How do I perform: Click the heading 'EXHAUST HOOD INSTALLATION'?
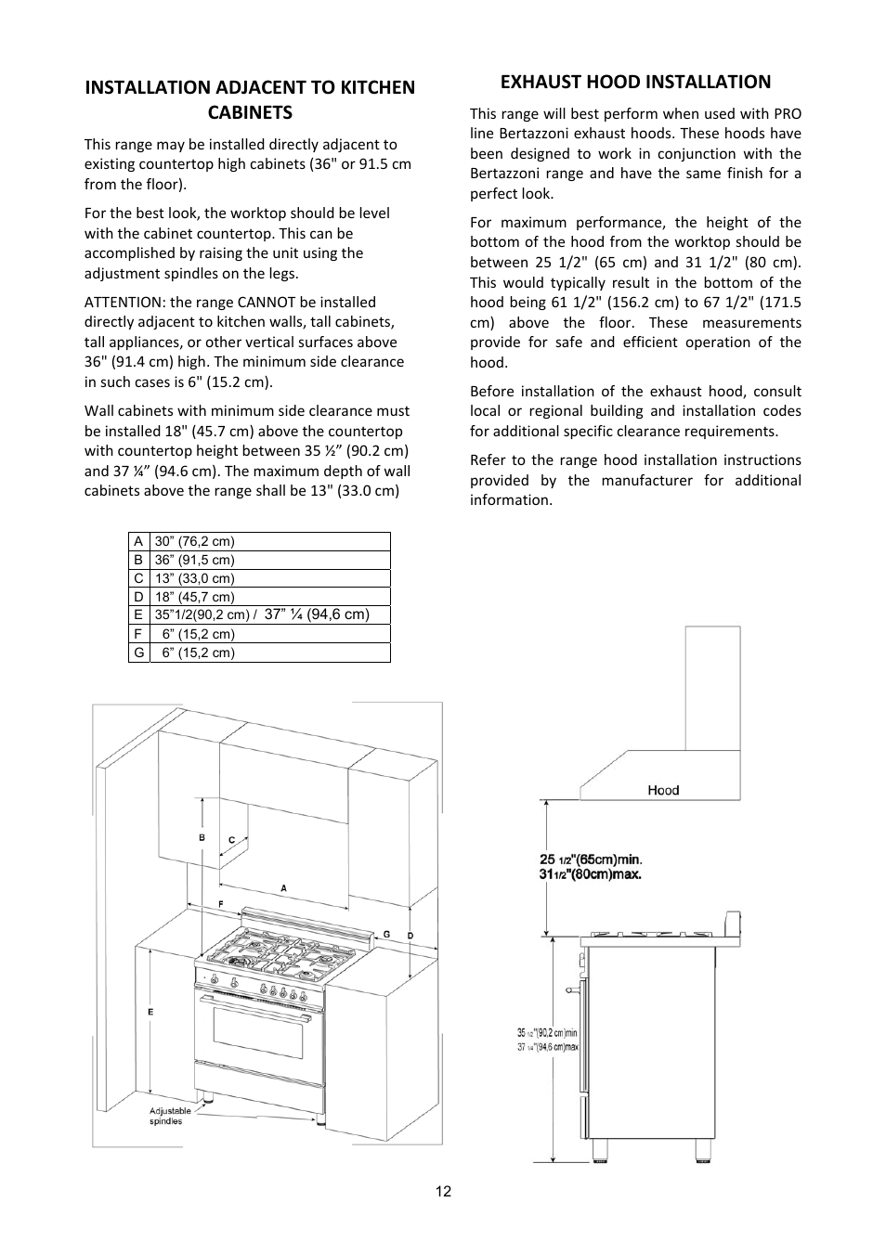[635, 82]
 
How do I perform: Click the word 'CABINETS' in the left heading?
[250, 112]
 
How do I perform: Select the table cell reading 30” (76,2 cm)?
[195, 541]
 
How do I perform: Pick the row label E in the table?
[138, 614]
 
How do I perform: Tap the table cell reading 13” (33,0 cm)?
[195, 578]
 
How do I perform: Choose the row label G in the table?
[138, 653]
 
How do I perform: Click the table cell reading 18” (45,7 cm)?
[195, 597]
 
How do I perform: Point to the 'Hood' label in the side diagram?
[663, 790]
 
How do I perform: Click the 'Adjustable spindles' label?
[170, 1116]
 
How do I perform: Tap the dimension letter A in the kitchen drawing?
[284, 888]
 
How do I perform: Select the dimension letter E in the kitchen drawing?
[150, 1011]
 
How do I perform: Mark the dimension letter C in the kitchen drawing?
[232, 840]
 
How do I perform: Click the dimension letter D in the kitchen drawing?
[410, 936]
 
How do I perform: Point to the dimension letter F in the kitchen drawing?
[220, 903]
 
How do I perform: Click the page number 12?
[443, 1192]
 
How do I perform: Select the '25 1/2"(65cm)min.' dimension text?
[591, 860]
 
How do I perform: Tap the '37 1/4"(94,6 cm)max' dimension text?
[548, 1047]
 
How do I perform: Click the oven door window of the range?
[259, 1029]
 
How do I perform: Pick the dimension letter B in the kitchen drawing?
[202, 837]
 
